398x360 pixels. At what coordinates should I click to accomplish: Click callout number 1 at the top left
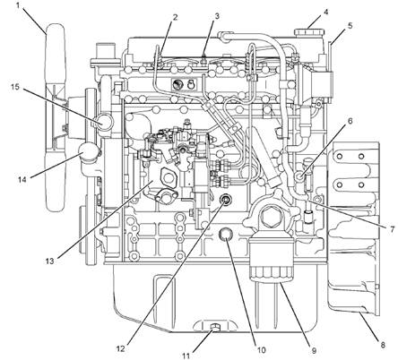click(x=18, y=5)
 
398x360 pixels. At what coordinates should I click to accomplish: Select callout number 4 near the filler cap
click(x=325, y=12)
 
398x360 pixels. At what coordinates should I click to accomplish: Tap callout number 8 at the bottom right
click(x=383, y=345)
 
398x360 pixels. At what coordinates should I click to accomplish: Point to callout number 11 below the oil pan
click(x=186, y=356)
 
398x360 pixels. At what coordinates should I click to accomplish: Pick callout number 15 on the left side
click(x=15, y=87)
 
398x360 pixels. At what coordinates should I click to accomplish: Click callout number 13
click(x=49, y=261)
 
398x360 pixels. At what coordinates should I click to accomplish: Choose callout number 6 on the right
click(x=350, y=121)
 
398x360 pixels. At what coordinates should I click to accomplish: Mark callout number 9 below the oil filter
click(x=314, y=351)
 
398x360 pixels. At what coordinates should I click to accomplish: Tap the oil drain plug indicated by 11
click(x=214, y=327)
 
